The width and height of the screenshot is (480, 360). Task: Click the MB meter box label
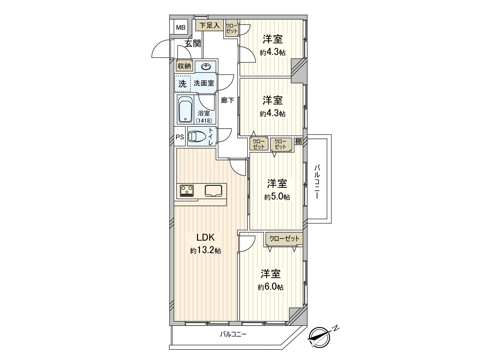tap(181, 28)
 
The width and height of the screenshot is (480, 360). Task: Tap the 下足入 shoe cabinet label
tap(210, 25)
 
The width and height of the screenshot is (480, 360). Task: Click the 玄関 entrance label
tap(193, 44)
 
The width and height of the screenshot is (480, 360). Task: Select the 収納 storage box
tap(184, 66)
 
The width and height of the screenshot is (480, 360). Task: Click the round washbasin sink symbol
tap(205, 67)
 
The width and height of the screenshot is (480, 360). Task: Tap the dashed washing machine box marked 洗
tap(182, 84)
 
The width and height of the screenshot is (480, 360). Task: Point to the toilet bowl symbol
tap(197, 137)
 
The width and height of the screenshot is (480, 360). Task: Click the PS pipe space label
tap(180, 137)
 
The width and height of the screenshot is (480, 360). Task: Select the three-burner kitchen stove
tap(187, 191)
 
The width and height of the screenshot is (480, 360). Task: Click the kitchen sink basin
tap(213, 191)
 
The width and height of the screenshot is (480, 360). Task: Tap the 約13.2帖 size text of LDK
tap(205, 251)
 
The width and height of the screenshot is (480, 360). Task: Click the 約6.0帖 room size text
tap(270, 287)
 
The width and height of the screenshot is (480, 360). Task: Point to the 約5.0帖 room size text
tap(277, 197)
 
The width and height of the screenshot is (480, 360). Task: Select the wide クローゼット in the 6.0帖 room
tap(284, 239)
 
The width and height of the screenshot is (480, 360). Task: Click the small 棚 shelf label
tap(298, 141)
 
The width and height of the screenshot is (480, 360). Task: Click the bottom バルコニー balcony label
tap(233, 334)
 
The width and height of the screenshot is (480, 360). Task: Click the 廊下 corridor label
tap(228, 100)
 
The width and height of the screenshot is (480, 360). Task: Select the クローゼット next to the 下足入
tap(232, 28)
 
